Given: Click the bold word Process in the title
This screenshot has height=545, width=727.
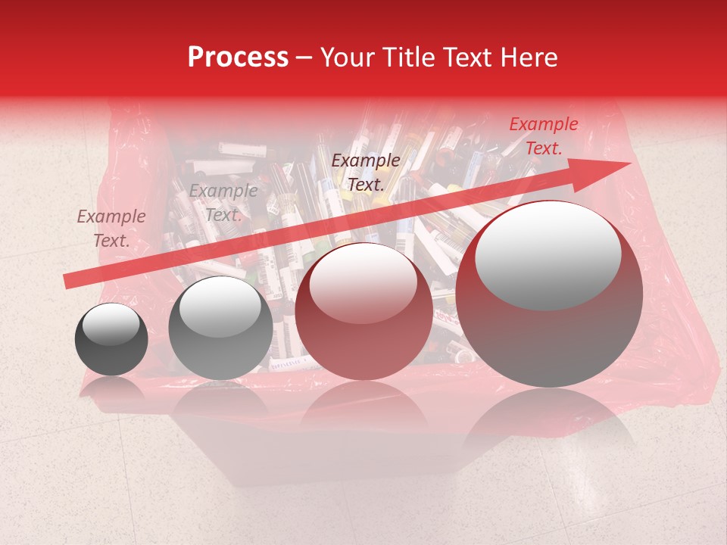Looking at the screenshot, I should pyautogui.click(x=238, y=58).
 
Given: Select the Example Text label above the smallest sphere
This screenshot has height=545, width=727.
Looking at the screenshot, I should pyautogui.click(x=111, y=229).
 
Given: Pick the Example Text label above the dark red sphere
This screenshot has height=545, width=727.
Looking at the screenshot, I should pyautogui.click(x=366, y=173).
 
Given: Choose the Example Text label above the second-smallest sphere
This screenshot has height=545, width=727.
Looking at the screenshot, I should pyautogui.click(x=223, y=203).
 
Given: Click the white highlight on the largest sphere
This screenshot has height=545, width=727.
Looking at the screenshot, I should pyautogui.click(x=548, y=255).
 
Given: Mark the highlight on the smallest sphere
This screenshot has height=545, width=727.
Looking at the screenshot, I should pyautogui.click(x=111, y=324).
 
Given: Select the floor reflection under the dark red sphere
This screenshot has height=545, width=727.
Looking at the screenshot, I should pyautogui.click(x=363, y=405).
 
